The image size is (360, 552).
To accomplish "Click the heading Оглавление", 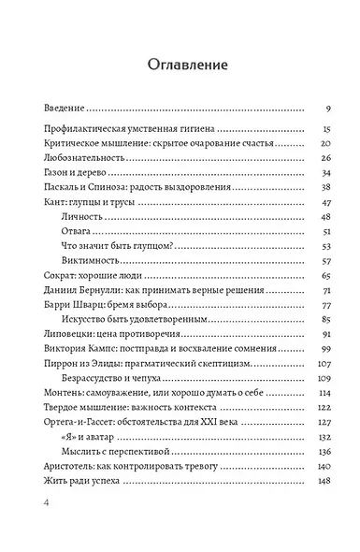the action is pos(180,64).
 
